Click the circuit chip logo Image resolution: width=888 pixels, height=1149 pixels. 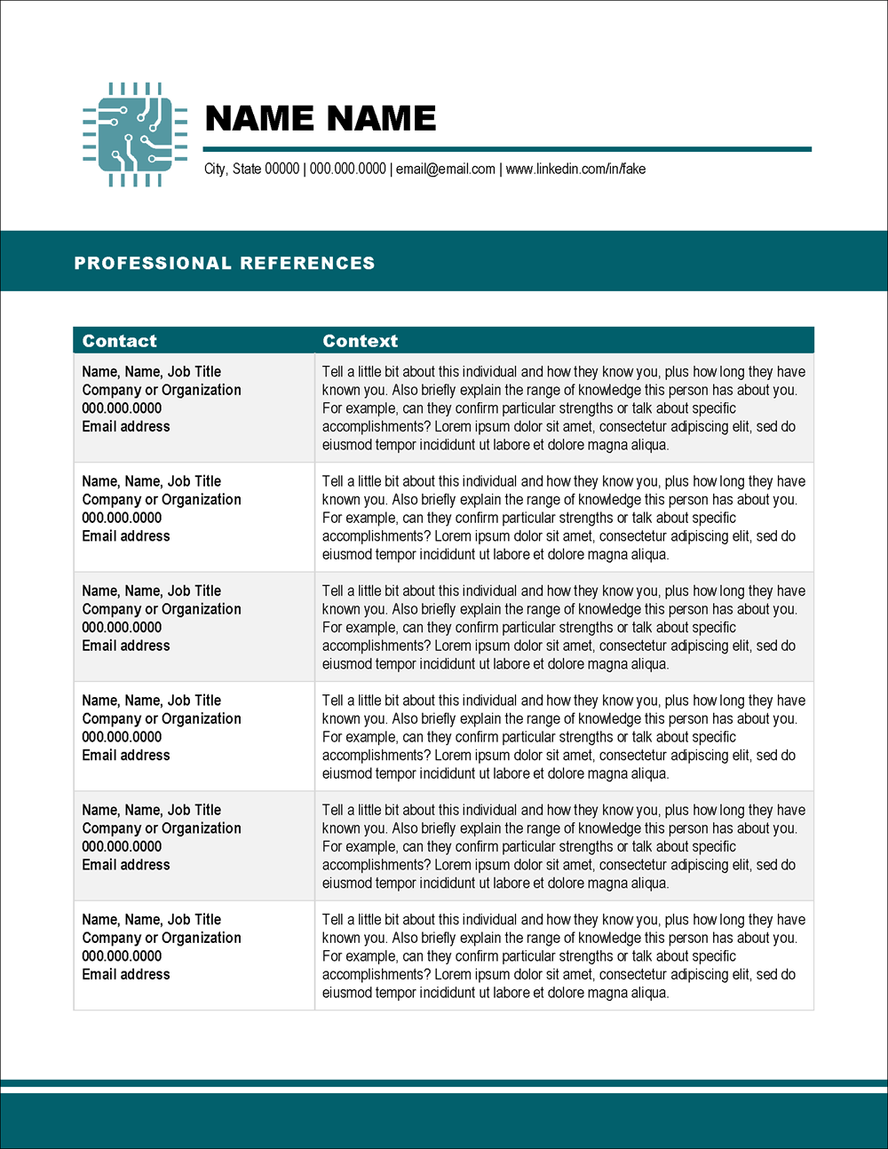click(x=134, y=135)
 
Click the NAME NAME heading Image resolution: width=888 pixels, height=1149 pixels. click(x=321, y=118)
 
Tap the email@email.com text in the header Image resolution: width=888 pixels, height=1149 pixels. click(x=446, y=169)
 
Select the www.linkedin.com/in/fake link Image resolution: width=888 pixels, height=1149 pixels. click(x=575, y=169)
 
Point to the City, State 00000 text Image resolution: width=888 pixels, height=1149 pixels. click(x=251, y=169)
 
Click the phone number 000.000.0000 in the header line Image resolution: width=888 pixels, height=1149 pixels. click(x=347, y=169)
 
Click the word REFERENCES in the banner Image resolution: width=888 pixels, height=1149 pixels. click(x=307, y=263)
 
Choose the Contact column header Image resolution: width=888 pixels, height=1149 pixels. click(x=119, y=341)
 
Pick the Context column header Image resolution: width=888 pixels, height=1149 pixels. click(x=360, y=341)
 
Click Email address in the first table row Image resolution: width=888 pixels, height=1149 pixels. click(x=126, y=426)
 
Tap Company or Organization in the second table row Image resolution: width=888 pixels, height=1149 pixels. click(x=162, y=499)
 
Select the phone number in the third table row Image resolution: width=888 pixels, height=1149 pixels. click(x=122, y=627)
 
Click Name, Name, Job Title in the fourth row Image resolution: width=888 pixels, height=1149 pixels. click(x=152, y=700)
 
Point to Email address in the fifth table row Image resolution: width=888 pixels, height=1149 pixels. click(x=126, y=865)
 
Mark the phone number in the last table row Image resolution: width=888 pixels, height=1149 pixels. click(x=122, y=956)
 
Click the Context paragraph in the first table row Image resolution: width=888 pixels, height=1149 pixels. click(x=563, y=408)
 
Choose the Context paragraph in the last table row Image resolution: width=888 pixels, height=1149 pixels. click(x=563, y=956)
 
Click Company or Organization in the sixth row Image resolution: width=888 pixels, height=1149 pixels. click(x=162, y=938)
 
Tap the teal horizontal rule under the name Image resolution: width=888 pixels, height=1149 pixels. click(x=507, y=149)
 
